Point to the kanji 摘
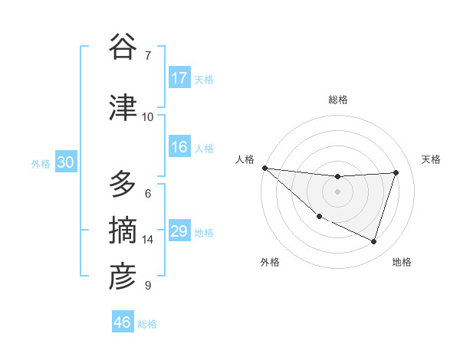[x=122, y=230]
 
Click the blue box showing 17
[x=179, y=78]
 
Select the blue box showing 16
[x=179, y=148]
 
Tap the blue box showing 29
[x=179, y=231]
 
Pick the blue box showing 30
[x=65, y=162]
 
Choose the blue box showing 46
[x=123, y=322]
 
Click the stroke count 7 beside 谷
[x=148, y=55]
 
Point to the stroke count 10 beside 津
[x=148, y=117]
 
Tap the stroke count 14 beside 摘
[x=148, y=240]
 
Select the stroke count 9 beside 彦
[x=148, y=286]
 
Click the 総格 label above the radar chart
[x=337, y=100]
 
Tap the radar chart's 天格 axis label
[x=432, y=159]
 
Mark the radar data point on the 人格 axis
[x=264, y=168]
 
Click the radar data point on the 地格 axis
[x=373, y=242]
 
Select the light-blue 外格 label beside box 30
[x=41, y=163]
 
